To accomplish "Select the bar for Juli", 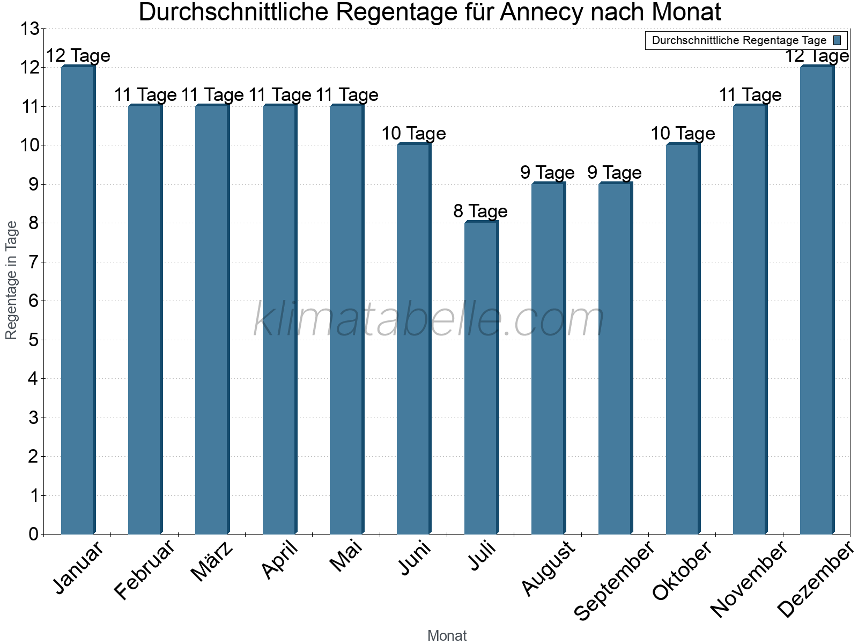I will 481,378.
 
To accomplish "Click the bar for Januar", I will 78,301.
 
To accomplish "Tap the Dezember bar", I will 817,301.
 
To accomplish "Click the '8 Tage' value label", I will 480,211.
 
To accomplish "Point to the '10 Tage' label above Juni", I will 413,134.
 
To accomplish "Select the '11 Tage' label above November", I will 750,95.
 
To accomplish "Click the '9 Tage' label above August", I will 548,173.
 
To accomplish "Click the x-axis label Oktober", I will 682,570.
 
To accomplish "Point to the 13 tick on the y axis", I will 30,29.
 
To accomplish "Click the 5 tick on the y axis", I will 34,340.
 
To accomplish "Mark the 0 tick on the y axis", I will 34,534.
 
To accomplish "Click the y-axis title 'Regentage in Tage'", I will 11,280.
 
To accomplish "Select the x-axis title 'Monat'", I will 447,636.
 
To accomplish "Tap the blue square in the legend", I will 837,40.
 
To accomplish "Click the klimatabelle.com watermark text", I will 429,320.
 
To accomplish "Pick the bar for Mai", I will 346,320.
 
